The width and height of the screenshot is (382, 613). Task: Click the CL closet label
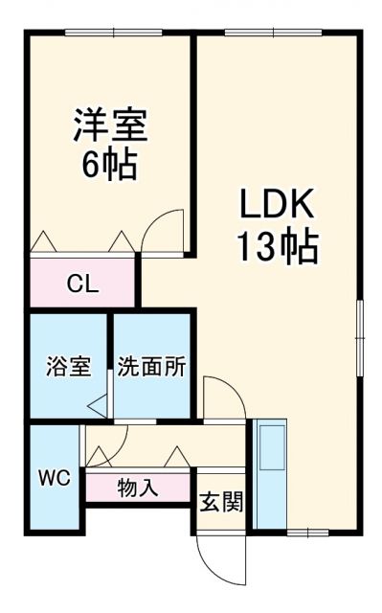tap(80, 284)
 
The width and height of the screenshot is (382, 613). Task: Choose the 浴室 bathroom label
tap(69, 366)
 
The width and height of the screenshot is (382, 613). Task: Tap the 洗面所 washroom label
tap(152, 366)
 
